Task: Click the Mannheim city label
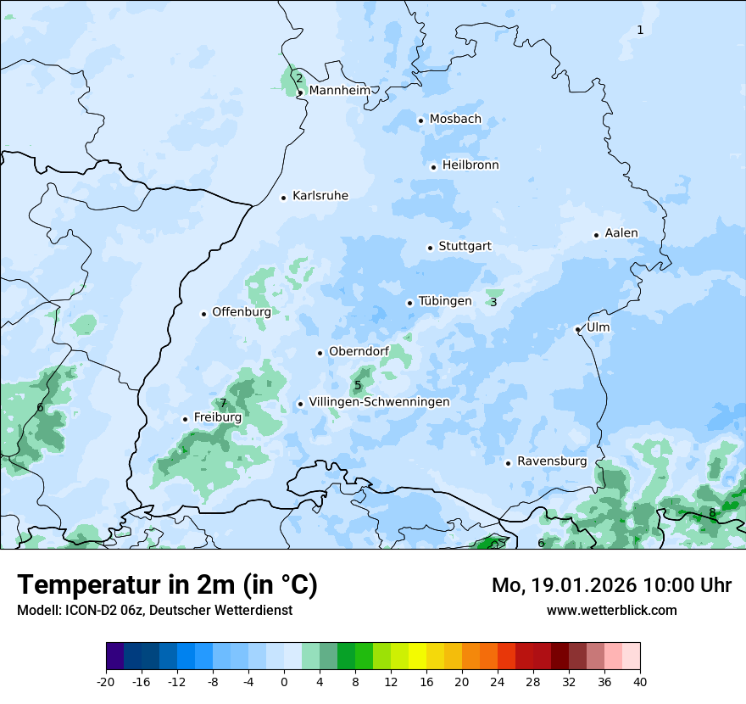click(339, 90)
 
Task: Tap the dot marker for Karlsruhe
click(284, 198)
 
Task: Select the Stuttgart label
click(465, 246)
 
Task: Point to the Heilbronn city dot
click(433, 167)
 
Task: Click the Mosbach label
click(455, 119)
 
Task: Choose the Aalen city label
click(621, 233)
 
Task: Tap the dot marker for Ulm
click(577, 329)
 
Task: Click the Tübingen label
click(445, 301)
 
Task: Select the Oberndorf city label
click(359, 351)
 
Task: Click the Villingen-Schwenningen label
click(379, 402)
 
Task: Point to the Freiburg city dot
click(185, 419)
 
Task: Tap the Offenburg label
click(242, 312)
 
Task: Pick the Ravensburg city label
click(552, 461)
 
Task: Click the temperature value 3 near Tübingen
click(493, 302)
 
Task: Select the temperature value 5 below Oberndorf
click(358, 386)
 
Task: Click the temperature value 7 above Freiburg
click(223, 404)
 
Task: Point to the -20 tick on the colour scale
click(106, 681)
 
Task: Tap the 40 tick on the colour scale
click(640, 681)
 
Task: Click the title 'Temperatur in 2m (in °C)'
click(167, 585)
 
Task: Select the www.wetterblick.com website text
click(611, 610)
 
